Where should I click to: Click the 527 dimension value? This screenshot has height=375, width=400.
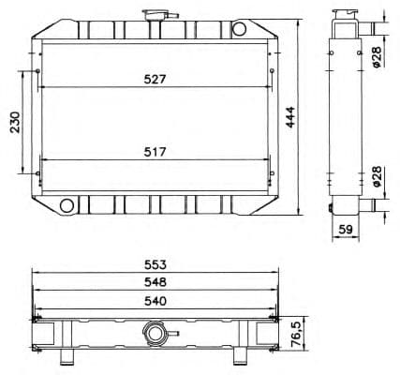pyautogui.click(x=155, y=80)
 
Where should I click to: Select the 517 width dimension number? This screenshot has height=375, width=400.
pyautogui.click(x=155, y=151)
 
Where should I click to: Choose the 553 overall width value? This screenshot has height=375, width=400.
pyautogui.click(x=155, y=266)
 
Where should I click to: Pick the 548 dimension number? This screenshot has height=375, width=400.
pyautogui.click(x=155, y=282)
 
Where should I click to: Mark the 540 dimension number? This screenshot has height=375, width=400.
pyautogui.click(x=155, y=301)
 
